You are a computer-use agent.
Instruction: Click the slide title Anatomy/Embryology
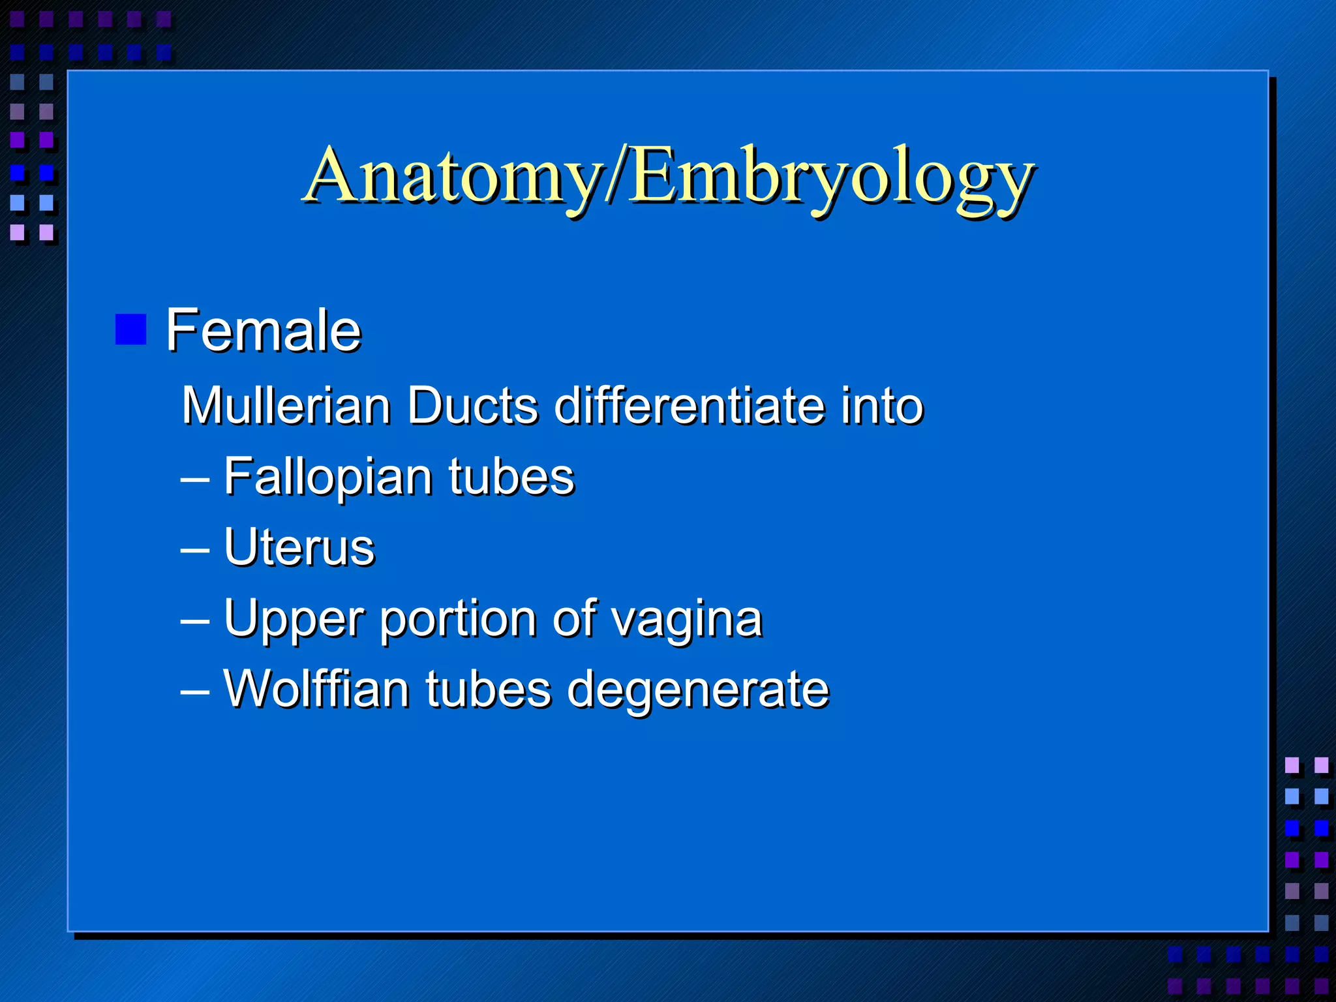(x=668, y=176)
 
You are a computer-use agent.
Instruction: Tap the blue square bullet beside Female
(x=130, y=329)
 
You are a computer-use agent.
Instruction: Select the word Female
(x=264, y=331)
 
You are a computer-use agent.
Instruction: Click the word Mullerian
(x=286, y=406)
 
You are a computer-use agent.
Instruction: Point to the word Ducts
(x=473, y=406)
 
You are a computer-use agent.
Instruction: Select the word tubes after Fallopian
(x=511, y=476)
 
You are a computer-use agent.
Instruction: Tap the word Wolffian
(x=316, y=689)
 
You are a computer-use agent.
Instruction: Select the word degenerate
(x=697, y=690)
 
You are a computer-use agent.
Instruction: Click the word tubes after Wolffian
(x=489, y=689)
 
